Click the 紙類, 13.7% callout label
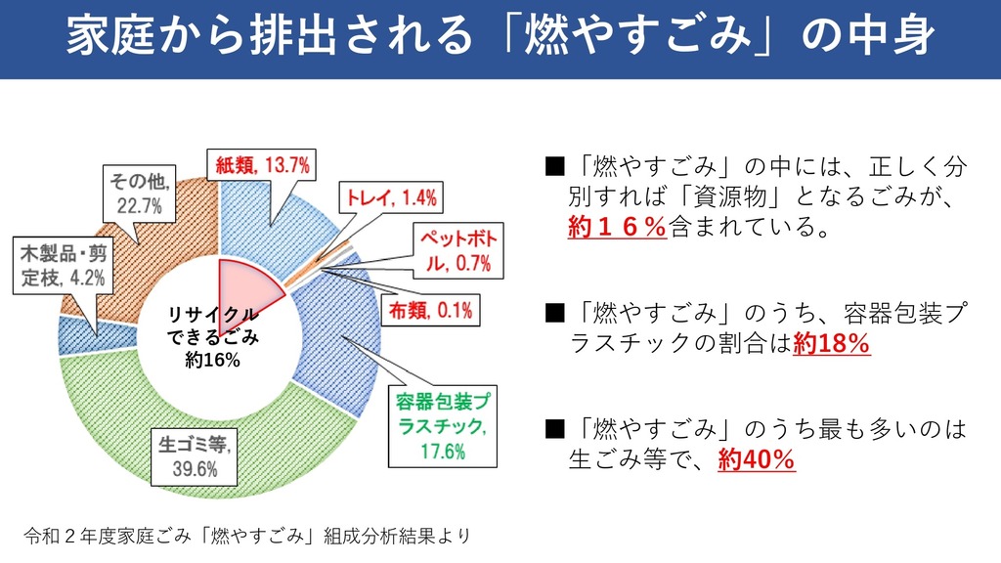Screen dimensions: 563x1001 point(262,165)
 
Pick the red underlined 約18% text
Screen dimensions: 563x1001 point(831,344)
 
